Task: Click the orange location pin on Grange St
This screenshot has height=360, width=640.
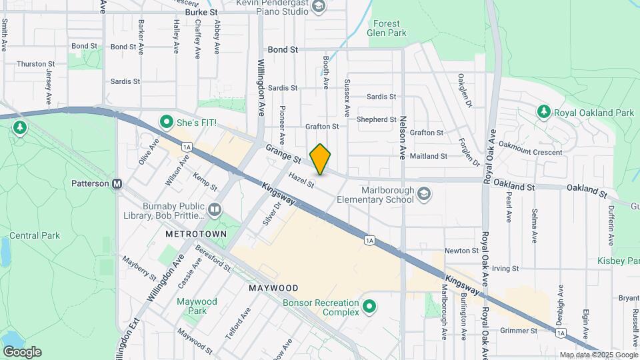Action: pyautogui.click(x=321, y=159)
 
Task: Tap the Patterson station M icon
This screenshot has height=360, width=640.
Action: pyautogui.click(x=117, y=183)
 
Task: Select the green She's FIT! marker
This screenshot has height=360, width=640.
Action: pyautogui.click(x=166, y=122)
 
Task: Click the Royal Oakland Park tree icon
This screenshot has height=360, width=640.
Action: pyautogui.click(x=544, y=113)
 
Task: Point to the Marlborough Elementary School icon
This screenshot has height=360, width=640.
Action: pyautogui.click(x=423, y=194)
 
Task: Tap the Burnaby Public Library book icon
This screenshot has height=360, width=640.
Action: pyautogui.click(x=214, y=211)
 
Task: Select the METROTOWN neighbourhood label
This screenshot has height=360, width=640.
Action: pyautogui.click(x=196, y=235)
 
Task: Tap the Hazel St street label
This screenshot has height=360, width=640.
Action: pyautogui.click(x=301, y=179)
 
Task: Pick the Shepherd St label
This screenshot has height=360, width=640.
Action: pyautogui.click(x=377, y=119)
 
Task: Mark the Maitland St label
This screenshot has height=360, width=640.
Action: pyautogui.click(x=428, y=156)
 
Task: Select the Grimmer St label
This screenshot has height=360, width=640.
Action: pyautogui.click(x=520, y=331)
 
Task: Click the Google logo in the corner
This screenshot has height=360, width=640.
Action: pyautogui.click(x=22, y=352)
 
